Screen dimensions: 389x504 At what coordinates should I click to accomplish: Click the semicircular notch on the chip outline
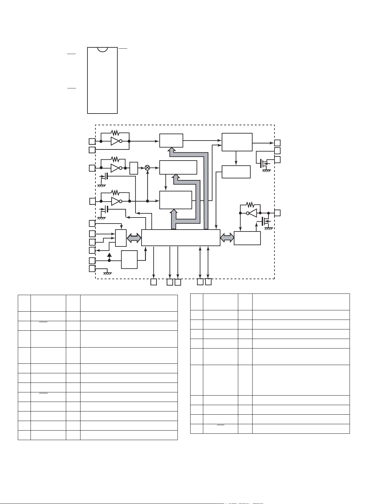(x=102, y=50)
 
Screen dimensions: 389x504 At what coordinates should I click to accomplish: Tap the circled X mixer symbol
(x=147, y=168)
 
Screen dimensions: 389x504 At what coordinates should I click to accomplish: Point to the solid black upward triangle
(x=109, y=255)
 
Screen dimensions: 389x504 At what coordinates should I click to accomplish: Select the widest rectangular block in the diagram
(x=181, y=238)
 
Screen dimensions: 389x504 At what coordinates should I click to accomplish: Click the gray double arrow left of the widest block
(x=134, y=238)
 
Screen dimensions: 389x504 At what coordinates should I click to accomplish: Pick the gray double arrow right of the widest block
(x=227, y=238)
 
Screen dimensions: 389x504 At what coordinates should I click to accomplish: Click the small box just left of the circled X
(x=134, y=168)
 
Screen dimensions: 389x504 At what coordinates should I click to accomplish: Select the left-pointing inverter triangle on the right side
(x=253, y=213)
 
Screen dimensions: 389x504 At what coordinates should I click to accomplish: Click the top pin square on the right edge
(x=277, y=143)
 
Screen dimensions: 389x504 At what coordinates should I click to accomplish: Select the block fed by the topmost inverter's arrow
(x=171, y=141)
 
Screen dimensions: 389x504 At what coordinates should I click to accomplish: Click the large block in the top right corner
(x=237, y=142)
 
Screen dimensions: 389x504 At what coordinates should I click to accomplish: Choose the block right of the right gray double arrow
(x=247, y=238)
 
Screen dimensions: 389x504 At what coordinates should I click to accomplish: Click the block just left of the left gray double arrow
(x=121, y=238)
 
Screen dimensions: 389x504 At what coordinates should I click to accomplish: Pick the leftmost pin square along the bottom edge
(x=154, y=282)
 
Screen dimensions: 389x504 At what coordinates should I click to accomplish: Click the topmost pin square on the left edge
(x=92, y=141)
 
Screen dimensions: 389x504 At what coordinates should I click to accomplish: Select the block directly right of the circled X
(x=178, y=168)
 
